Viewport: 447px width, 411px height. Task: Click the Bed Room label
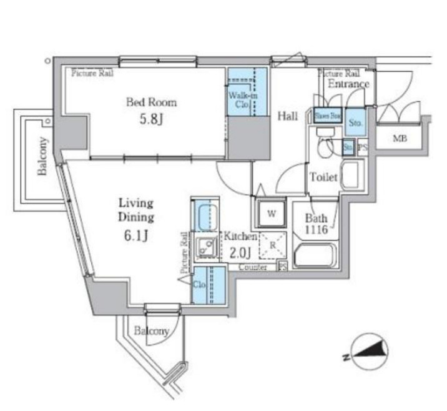tap(151, 102)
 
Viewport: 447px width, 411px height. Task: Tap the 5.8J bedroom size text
tap(151, 119)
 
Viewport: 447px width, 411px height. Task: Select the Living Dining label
tap(136, 210)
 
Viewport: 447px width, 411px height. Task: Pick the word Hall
tap(287, 116)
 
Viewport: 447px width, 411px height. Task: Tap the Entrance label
tap(348, 84)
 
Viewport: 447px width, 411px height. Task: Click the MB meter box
tap(400, 139)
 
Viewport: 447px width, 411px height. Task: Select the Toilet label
tap(323, 177)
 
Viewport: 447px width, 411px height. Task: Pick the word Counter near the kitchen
tap(252, 267)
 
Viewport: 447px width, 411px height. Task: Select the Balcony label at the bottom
tap(150, 331)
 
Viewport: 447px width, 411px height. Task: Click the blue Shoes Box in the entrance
tap(328, 116)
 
